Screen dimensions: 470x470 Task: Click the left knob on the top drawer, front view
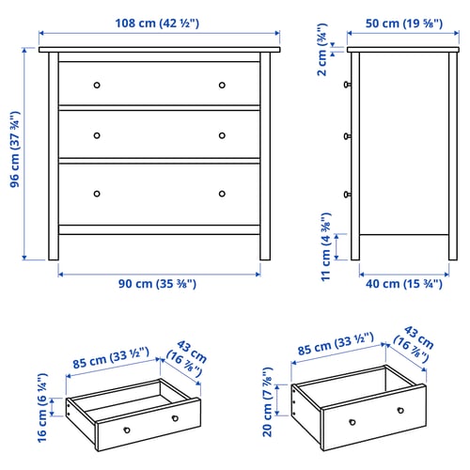tap(96, 86)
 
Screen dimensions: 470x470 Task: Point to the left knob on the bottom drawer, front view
tap(96, 195)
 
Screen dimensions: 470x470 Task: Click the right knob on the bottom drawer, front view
tap(223, 195)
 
